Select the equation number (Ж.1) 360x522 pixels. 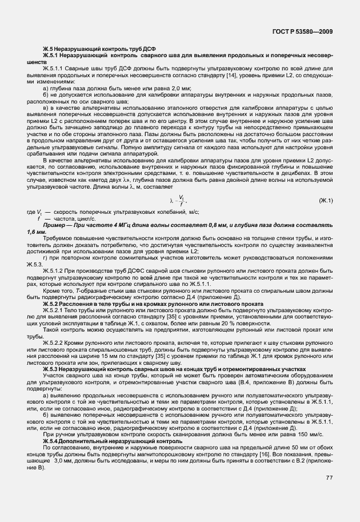[325, 201]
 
